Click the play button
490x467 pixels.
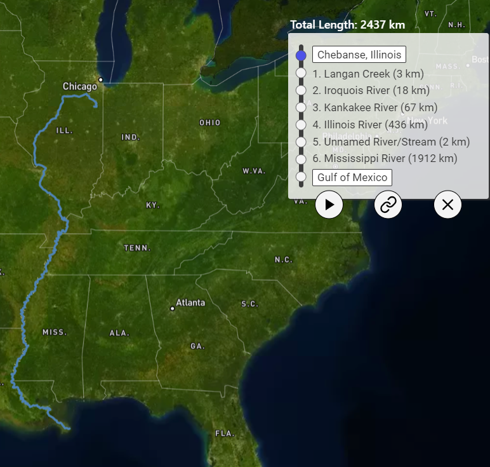tap(329, 205)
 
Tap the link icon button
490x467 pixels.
tap(388, 205)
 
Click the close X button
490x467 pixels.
tap(447, 205)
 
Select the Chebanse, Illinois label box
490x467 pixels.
tap(359, 55)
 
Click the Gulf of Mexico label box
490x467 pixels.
tap(352, 177)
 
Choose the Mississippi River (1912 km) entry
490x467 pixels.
tap(385, 158)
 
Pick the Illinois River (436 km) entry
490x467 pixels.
tap(370, 125)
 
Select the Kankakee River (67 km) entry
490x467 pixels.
tap(374, 107)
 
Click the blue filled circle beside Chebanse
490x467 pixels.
tap(301, 55)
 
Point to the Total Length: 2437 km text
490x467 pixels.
tap(347, 25)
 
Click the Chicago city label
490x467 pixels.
tap(80, 86)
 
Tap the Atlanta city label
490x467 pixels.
tap(190, 302)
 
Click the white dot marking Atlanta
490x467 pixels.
tap(172, 309)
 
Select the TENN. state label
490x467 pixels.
tap(137, 248)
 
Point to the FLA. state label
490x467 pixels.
tap(225, 433)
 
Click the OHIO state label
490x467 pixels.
tap(210, 123)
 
